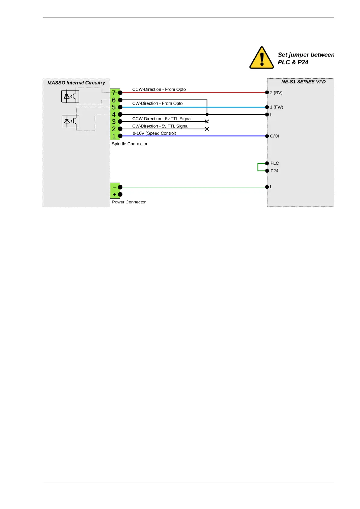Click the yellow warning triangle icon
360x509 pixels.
click(x=261, y=58)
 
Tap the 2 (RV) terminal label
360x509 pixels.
click(x=276, y=93)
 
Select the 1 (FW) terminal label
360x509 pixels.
click(x=277, y=107)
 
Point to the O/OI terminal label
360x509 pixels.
click(x=274, y=136)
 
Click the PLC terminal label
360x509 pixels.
click(x=274, y=164)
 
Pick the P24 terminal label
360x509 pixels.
click(x=274, y=171)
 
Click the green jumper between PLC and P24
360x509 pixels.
click(x=258, y=167)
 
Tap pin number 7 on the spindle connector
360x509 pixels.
click(x=114, y=93)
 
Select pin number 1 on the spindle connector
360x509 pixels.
click(x=114, y=136)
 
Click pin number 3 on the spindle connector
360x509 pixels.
click(x=114, y=122)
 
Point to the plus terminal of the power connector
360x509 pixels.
click(x=115, y=195)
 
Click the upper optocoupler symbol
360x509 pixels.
click(x=70, y=97)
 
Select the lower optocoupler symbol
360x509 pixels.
click(x=70, y=121)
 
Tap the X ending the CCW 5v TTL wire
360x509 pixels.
click(x=207, y=122)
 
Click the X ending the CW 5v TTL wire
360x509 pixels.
click(x=207, y=129)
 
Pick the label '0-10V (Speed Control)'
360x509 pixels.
click(x=154, y=133)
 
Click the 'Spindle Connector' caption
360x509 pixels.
click(x=129, y=144)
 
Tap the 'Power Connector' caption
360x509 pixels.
click(x=129, y=202)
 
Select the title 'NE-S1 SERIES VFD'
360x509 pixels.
click(x=303, y=82)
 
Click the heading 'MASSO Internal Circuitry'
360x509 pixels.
click(x=76, y=83)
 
